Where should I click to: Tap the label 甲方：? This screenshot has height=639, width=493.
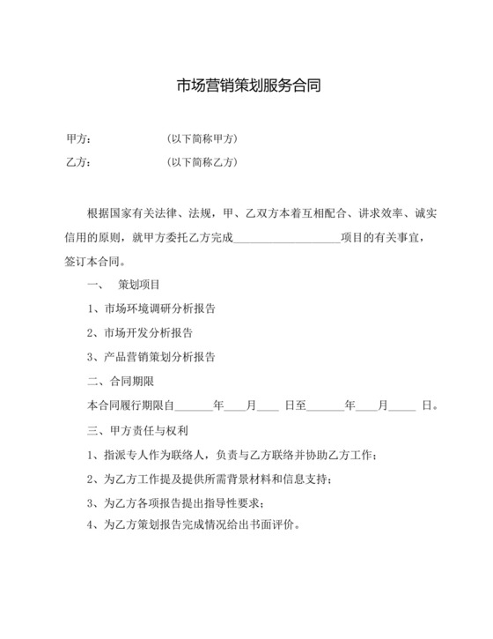pos(78,139)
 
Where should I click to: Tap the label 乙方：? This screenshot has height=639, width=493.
pos(78,162)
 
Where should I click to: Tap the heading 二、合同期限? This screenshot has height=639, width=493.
pos(121,381)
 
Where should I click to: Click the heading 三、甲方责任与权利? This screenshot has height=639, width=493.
pos(139,432)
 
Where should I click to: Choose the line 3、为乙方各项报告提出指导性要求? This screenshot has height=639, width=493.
pos(176,503)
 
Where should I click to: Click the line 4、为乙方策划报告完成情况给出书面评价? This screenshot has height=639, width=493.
pos(195,525)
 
